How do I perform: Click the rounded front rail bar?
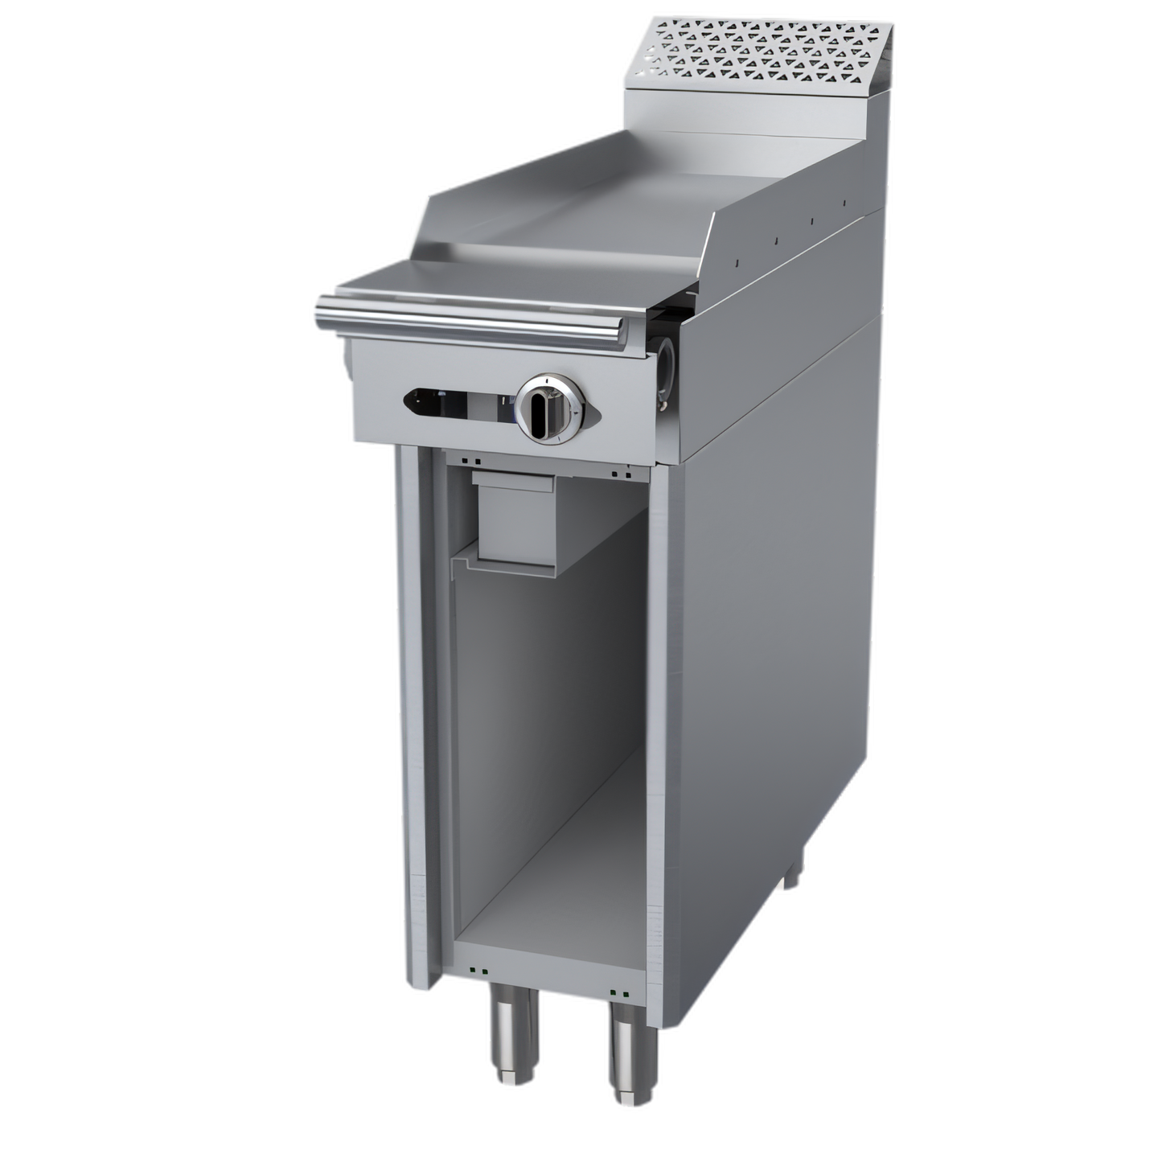[x=466, y=318]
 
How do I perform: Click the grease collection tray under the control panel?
[x=515, y=515]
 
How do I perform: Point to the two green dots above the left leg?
[x=479, y=969]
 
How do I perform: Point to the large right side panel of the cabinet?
[x=772, y=643]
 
